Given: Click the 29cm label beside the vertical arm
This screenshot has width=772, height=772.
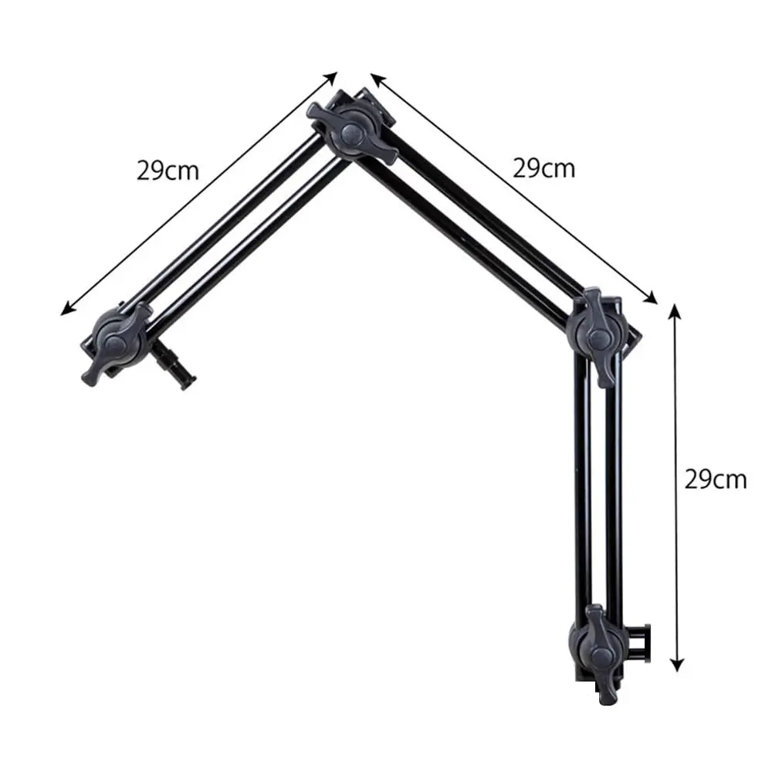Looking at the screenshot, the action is (716, 479).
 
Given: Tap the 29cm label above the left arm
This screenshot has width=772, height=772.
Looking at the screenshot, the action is (168, 171).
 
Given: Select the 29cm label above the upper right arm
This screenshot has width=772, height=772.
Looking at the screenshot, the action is (543, 168).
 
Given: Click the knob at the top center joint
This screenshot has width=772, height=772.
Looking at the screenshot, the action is (353, 131).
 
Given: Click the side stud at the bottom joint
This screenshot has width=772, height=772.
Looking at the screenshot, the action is (639, 642).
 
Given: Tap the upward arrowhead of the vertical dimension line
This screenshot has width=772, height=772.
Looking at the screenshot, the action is (675, 310).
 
